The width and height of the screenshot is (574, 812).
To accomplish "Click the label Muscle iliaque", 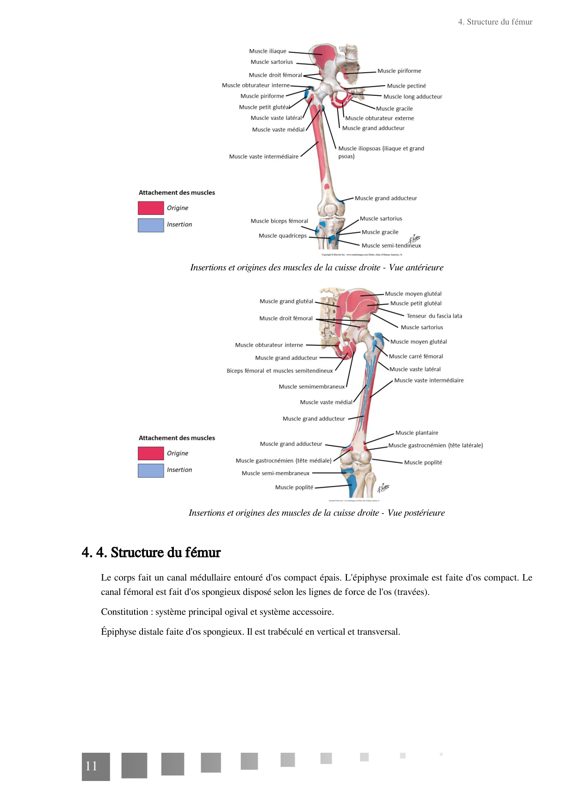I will coord(267,51).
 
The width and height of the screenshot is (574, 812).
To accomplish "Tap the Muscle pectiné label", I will coord(406,86).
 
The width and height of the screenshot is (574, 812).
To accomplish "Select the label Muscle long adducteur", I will coord(413,97).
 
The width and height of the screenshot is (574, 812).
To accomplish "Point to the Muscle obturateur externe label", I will coord(379,119).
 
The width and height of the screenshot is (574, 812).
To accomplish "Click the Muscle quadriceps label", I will coord(282,236).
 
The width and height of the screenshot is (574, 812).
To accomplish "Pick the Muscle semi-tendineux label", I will coord(391,246).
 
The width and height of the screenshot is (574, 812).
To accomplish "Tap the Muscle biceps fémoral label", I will coord(279,221).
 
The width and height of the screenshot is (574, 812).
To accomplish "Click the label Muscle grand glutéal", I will coord(286,301).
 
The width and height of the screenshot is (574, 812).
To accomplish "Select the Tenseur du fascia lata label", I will coord(434,316).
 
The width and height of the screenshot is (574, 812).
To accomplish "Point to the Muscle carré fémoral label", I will coord(416,356).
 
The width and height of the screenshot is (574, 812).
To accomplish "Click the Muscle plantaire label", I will coord(416,433).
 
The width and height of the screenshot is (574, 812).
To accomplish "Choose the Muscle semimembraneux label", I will coord(311,387).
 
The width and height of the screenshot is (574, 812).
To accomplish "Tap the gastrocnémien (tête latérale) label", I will coord(435,445).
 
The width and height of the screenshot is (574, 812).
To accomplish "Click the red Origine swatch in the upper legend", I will coord(151,208).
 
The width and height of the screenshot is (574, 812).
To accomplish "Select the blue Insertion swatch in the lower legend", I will coord(151,470).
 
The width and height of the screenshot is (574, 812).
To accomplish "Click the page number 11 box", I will coord(96,767).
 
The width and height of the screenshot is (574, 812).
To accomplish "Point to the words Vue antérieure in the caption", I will coord(416,268).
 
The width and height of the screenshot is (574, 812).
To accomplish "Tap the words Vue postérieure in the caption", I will coord(416,513).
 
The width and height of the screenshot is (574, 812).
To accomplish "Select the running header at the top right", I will coord(495,22).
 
